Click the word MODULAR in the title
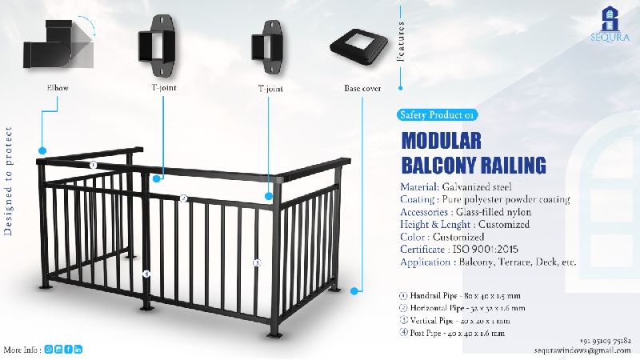(x=441, y=141)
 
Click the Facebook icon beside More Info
(x=69, y=350)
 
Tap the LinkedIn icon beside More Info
(x=78, y=350)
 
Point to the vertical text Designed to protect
(x=10, y=192)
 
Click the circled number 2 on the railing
(x=183, y=199)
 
